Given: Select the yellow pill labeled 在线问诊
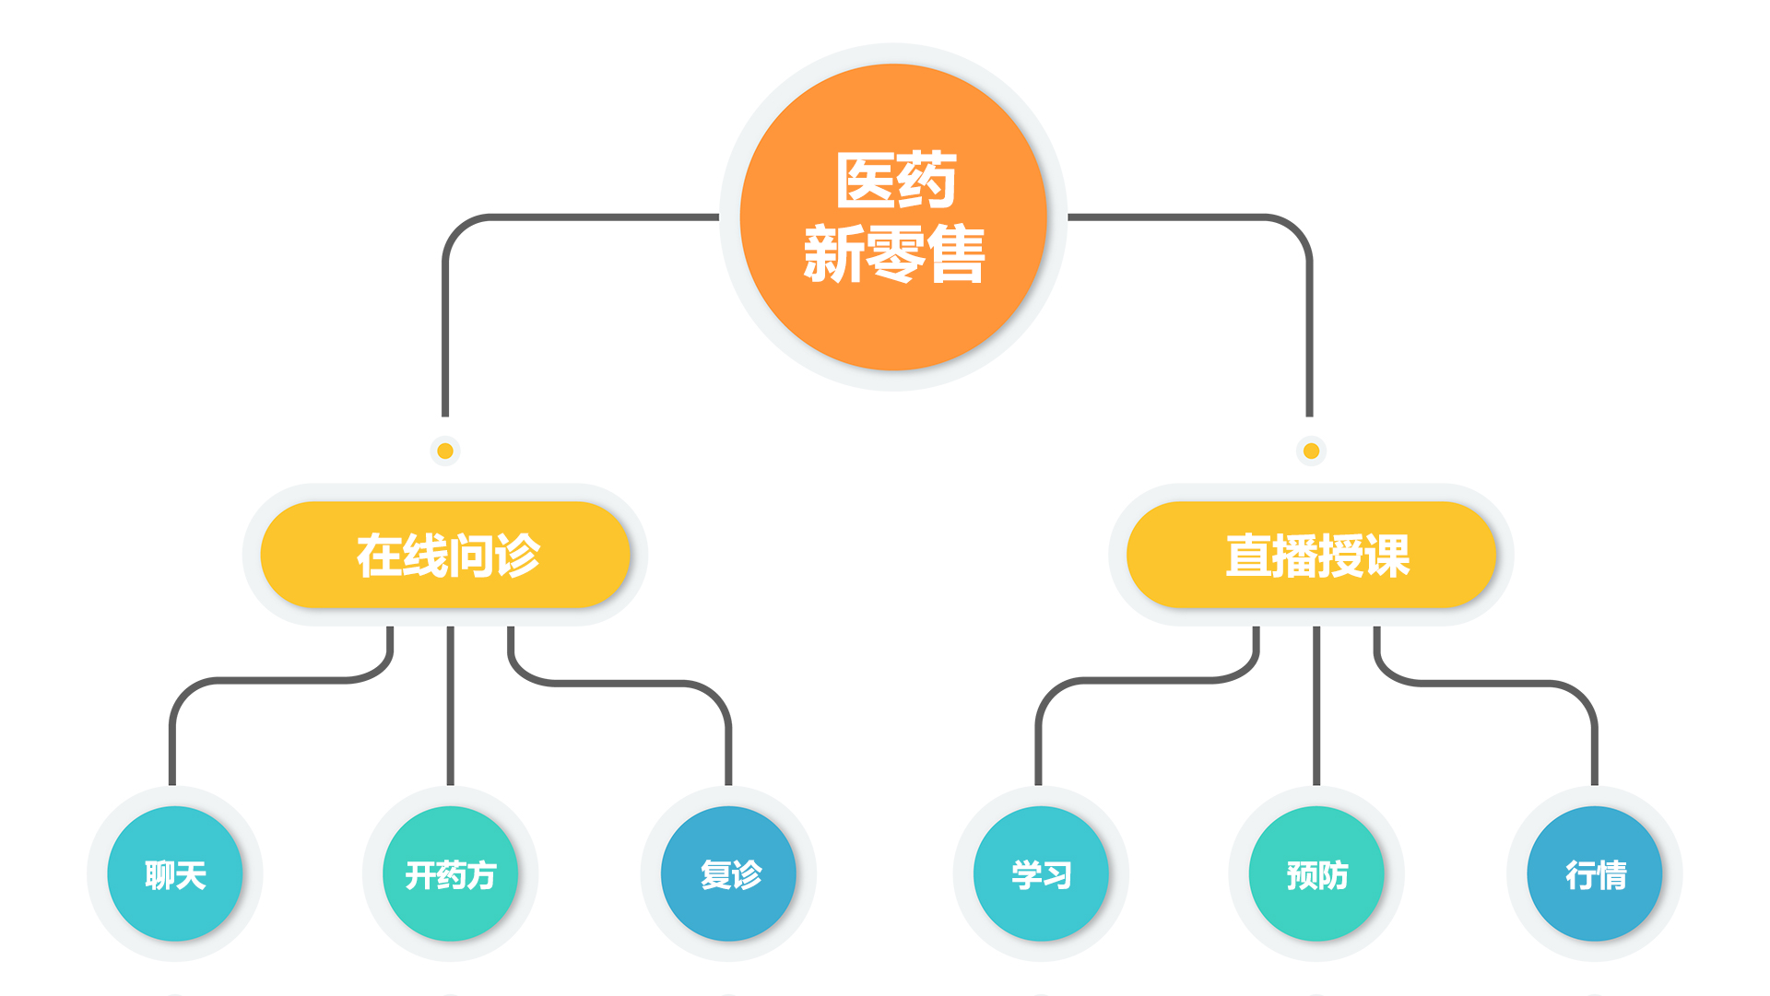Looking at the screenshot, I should [x=445, y=555].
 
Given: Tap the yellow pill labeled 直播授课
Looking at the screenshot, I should [x=1311, y=555].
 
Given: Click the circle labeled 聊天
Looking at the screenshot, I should [x=175, y=873].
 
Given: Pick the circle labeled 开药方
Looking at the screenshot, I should [x=450, y=873].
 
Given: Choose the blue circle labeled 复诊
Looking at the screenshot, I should [x=728, y=873].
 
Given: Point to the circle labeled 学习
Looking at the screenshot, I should [x=1041, y=873].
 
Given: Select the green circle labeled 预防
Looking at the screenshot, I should [x=1316, y=873].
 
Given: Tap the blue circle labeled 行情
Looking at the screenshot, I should [x=1595, y=873].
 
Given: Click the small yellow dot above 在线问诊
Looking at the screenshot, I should [x=445, y=451].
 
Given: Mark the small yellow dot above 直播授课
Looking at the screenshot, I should [x=1311, y=451].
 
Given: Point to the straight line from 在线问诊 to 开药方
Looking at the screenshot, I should [x=450, y=709].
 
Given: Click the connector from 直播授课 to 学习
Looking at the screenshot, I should [x=1143, y=681].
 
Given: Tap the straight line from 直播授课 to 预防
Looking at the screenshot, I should [x=1316, y=709].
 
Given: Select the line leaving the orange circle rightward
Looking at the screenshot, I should [x=1189, y=217].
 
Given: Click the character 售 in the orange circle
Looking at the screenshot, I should [x=956, y=254].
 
